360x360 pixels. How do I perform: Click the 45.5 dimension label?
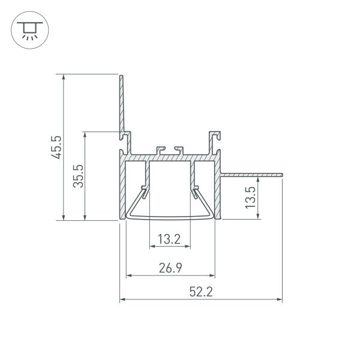56,147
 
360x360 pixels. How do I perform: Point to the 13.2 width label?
169,240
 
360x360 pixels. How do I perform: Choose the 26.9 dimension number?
171,269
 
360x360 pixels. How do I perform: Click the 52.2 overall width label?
201,292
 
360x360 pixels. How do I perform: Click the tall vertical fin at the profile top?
121,102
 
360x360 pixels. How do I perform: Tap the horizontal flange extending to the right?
252,175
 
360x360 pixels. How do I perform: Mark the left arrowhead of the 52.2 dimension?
122,299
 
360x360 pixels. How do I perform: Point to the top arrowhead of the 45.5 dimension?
63,77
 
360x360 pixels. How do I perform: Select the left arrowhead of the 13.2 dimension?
151,247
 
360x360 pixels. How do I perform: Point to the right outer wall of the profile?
219,192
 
